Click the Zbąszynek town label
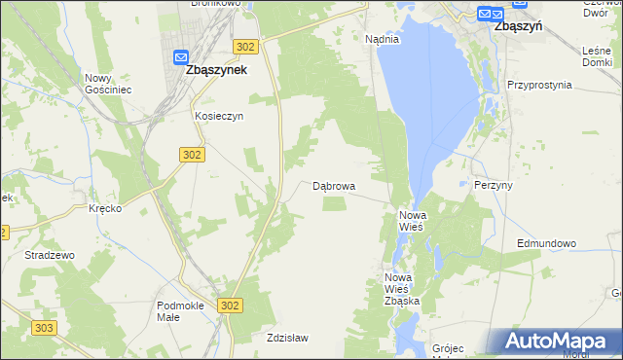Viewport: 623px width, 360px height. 216,71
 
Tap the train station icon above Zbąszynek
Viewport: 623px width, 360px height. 181,57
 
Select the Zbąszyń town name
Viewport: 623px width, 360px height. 518,27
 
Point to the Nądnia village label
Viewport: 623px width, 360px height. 383,40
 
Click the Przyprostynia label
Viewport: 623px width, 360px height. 539,85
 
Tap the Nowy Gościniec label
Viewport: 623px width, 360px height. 108,84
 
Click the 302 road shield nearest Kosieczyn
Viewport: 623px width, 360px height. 191,155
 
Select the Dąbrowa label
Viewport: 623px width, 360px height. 334,185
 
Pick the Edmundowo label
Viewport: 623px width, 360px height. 547,243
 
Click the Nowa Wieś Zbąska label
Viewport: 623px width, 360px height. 401,290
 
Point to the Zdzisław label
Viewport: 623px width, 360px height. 287,339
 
